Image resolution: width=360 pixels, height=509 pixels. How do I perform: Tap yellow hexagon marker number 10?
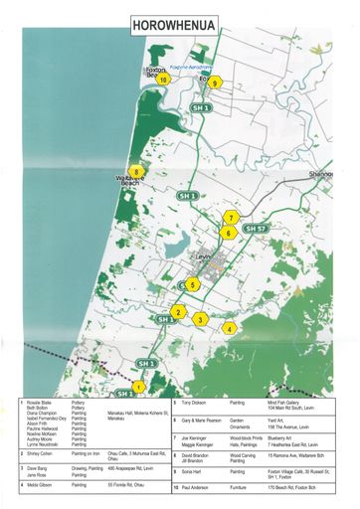(x=150, y=81)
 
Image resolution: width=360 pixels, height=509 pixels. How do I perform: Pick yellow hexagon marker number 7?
(x=231, y=217)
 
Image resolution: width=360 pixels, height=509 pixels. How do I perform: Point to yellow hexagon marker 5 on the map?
(x=193, y=284)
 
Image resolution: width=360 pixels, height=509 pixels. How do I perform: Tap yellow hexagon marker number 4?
(x=230, y=328)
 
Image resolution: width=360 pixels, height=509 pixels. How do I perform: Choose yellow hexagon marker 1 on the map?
(x=139, y=388)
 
